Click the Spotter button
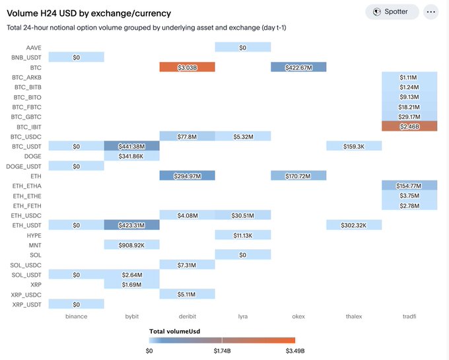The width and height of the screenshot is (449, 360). pos(392,12)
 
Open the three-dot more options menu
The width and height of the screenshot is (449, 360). pos(431,12)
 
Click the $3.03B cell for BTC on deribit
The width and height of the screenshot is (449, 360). pos(187,67)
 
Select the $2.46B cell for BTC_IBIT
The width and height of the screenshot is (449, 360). pos(409,126)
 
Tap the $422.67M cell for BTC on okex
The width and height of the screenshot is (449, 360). pos(298,67)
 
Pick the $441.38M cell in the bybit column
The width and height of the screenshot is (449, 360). pos(131,146)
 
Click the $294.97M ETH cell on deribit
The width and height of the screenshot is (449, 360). pos(187,176)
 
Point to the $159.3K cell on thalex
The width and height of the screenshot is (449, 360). pos(353,146)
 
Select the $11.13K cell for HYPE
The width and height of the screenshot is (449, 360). pos(242,234)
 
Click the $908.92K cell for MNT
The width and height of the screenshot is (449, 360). pos(131,244)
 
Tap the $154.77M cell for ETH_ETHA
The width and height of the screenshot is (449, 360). pos(409,186)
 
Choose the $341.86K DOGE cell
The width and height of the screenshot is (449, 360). pos(131,156)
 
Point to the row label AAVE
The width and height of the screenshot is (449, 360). pos(34,48)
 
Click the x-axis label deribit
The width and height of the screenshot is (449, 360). pos(187,316)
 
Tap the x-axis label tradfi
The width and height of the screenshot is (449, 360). pos(409,316)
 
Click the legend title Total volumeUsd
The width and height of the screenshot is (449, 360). pos(174,331)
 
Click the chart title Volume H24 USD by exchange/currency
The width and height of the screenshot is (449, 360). pos(88,13)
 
